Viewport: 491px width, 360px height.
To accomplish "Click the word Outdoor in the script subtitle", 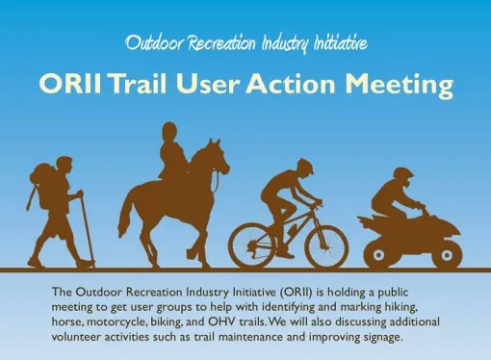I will tap(151, 42).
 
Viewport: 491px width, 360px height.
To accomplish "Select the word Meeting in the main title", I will tap(397, 85).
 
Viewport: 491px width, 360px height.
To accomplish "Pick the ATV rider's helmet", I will tap(405, 180).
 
